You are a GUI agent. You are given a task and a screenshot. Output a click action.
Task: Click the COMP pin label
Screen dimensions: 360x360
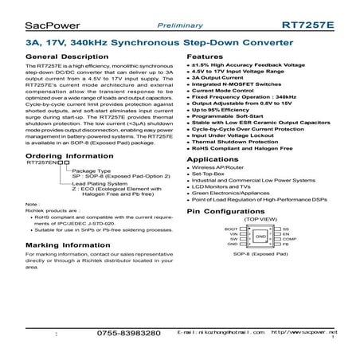click(x=288, y=238)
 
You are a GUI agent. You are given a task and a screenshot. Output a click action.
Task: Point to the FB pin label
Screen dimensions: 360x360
click(x=284, y=244)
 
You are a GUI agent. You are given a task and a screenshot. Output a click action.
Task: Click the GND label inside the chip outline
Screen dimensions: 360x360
click(x=260, y=237)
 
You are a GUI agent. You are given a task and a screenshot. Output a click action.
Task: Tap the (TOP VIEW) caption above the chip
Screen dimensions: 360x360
click(x=260, y=221)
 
